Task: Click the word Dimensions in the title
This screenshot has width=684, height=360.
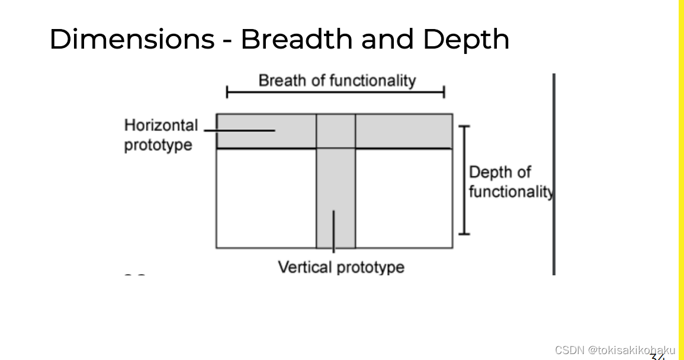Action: point(131,39)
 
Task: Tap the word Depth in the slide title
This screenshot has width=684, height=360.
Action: point(466,40)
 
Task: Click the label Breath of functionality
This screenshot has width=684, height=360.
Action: point(337,81)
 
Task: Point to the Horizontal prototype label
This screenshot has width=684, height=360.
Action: point(160,135)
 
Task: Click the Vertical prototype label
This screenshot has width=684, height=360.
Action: point(341,267)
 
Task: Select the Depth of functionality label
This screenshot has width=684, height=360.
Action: point(509,182)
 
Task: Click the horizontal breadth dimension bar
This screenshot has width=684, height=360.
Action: point(336,92)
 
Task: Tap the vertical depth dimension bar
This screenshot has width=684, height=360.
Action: point(464,180)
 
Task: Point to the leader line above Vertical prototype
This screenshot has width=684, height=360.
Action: point(333,231)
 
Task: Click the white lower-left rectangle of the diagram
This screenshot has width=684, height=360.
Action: point(266,198)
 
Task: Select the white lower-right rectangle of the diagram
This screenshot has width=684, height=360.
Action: point(404,198)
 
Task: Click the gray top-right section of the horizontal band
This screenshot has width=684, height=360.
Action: point(404,131)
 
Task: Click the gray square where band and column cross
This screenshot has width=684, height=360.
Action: point(336,131)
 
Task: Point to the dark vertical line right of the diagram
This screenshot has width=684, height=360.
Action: point(554,174)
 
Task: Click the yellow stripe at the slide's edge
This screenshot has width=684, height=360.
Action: point(681,178)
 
